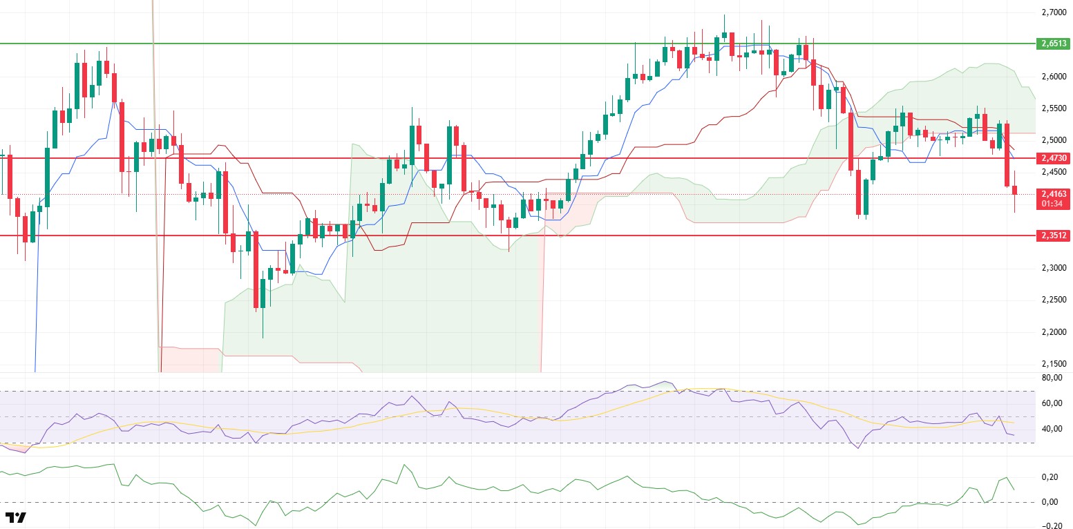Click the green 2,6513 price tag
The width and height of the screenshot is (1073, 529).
tap(1053, 44)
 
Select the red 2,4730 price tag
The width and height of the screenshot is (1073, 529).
tap(1053, 158)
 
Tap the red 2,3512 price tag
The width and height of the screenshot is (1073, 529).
tap(1053, 235)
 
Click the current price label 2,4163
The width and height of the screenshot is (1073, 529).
tap(1053, 194)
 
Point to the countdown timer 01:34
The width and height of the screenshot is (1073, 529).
tap(1053, 204)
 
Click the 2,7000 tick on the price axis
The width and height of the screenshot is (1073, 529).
tap(1053, 12)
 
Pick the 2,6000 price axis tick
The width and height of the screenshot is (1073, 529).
tap(1053, 77)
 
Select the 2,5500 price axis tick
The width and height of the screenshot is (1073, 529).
tap(1053, 108)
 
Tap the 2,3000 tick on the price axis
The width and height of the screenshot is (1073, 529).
tap(1053, 268)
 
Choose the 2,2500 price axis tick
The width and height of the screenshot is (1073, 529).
tap(1053, 300)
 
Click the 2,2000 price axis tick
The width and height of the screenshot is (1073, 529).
tap(1053, 332)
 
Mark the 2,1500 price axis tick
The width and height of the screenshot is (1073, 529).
tap(1053, 364)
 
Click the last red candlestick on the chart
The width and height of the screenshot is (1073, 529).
tap(1015, 190)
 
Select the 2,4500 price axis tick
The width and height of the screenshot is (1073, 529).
tap(1053, 172)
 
